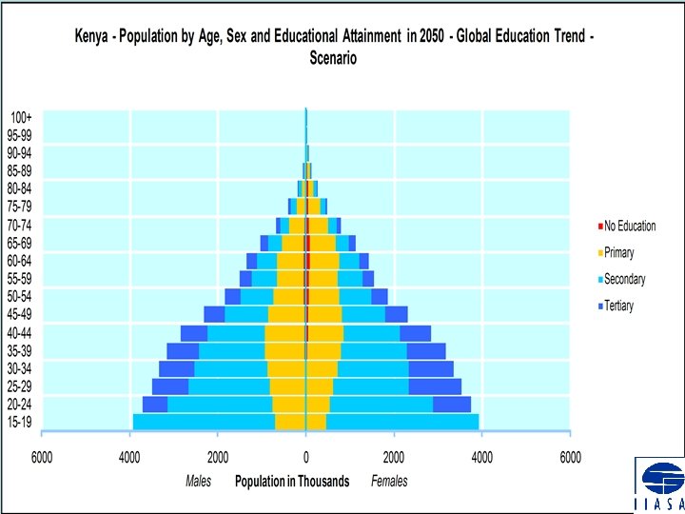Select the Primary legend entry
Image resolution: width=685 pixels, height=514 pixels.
click(x=618, y=253)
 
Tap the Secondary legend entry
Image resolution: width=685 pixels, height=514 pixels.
click(x=624, y=280)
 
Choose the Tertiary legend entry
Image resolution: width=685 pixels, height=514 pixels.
click(x=618, y=306)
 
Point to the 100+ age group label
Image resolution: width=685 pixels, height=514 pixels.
click(x=20, y=117)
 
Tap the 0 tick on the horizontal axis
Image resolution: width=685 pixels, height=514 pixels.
click(x=305, y=457)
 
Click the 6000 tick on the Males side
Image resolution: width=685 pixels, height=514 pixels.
click(x=43, y=457)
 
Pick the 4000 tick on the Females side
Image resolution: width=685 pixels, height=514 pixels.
click(x=481, y=457)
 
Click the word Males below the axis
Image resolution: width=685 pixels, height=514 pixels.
click(x=198, y=482)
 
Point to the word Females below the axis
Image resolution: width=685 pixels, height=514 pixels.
click(x=389, y=482)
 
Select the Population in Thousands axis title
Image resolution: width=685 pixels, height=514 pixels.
click(x=292, y=482)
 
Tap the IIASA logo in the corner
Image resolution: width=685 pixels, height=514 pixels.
click(x=658, y=484)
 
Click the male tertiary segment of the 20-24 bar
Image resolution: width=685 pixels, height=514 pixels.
click(x=155, y=404)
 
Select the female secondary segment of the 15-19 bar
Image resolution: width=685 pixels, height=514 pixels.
click(x=401, y=422)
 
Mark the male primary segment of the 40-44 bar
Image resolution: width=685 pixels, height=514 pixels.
click(x=284, y=333)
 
